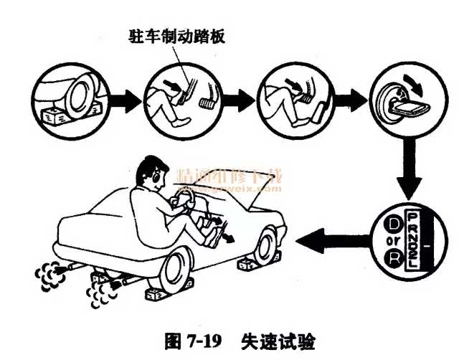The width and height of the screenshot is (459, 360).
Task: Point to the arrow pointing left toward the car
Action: pos(330,238)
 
